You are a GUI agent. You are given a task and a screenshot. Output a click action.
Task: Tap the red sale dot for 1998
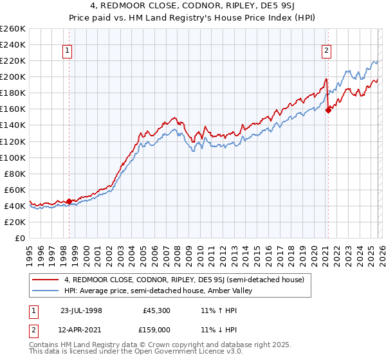[69, 201]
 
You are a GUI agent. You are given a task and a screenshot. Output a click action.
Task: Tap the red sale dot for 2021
[328, 110]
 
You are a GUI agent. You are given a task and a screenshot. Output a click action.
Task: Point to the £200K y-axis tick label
[13, 76]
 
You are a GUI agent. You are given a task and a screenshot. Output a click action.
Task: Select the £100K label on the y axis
[13, 157]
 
